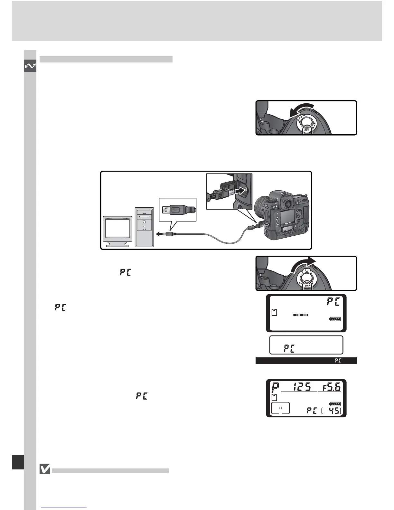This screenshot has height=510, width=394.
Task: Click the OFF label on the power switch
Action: [x=307, y=130]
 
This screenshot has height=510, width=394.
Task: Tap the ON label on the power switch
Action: [x=307, y=286]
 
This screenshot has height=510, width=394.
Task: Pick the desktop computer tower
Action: [x=145, y=227]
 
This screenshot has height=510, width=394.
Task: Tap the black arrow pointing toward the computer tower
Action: [x=159, y=234]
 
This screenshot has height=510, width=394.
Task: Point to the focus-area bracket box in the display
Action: [x=280, y=408]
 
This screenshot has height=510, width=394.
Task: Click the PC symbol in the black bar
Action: [x=337, y=361]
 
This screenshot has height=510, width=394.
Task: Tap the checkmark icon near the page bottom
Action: [x=45, y=469]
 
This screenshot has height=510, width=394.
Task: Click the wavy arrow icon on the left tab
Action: [x=30, y=67]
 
